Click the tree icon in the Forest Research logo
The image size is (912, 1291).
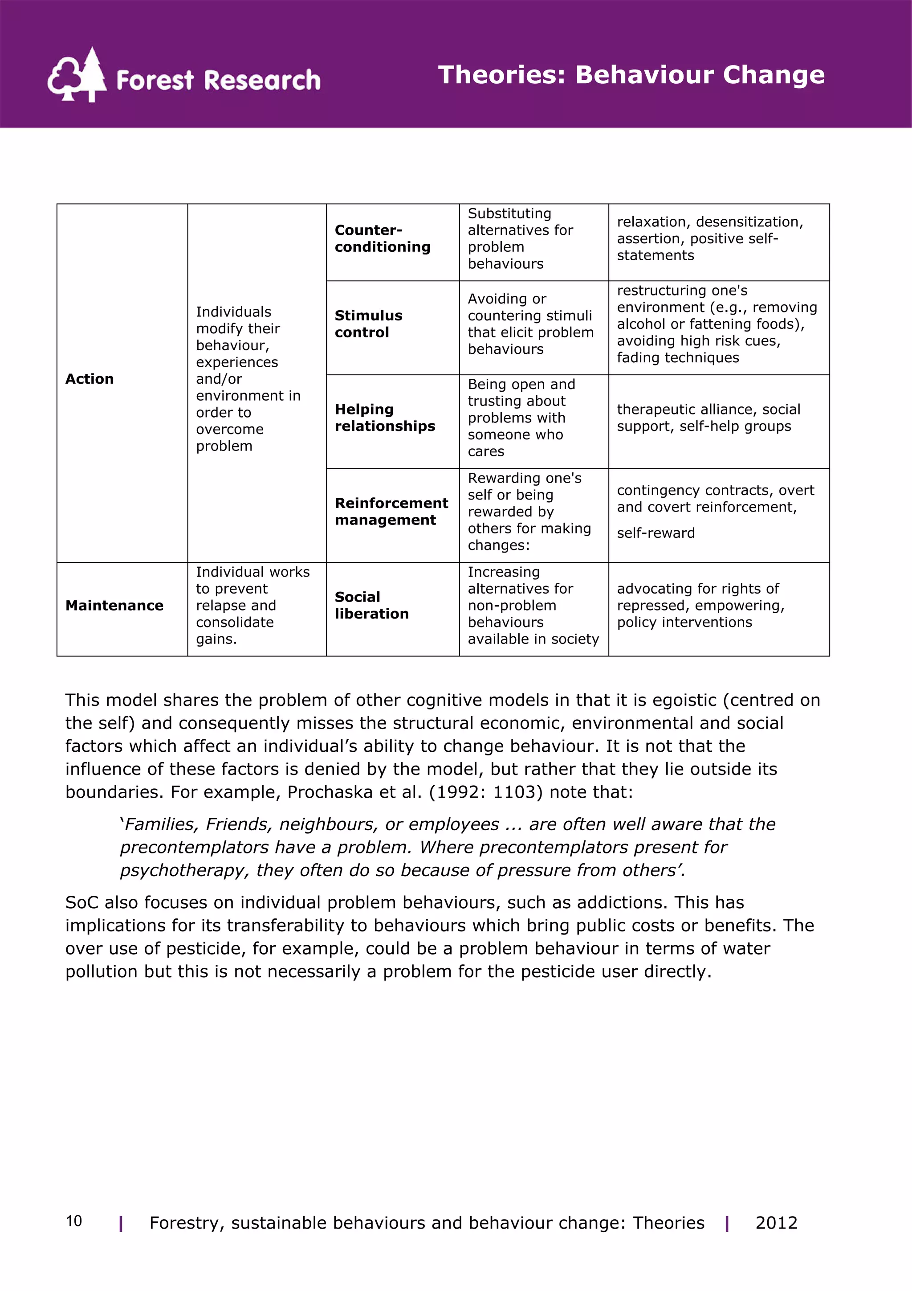pyautogui.click(x=77, y=75)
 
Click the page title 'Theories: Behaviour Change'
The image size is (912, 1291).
pyautogui.click(x=631, y=75)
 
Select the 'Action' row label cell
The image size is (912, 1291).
pyautogui.click(x=90, y=379)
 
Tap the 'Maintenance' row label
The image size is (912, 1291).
pyautogui.click(x=114, y=606)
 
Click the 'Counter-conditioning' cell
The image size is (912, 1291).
pyautogui.click(x=383, y=238)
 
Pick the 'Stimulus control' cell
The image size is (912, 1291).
pyautogui.click(x=369, y=324)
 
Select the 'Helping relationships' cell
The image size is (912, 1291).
pyautogui.click(x=385, y=418)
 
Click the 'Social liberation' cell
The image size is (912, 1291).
pyautogui.click(x=371, y=606)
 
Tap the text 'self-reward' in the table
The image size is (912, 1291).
pyautogui.click(x=656, y=533)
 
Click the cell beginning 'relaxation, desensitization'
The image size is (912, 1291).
pyautogui.click(x=710, y=238)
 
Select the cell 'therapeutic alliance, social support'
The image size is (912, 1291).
pyautogui.click(x=708, y=418)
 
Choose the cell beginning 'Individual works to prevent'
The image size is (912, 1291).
pyautogui.click(x=253, y=606)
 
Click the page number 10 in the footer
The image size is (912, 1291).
pyautogui.click(x=73, y=1221)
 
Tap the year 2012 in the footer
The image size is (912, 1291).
pyautogui.click(x=776, y=1222)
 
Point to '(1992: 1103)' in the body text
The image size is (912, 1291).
pyautogui.click(x=486, y=792)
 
